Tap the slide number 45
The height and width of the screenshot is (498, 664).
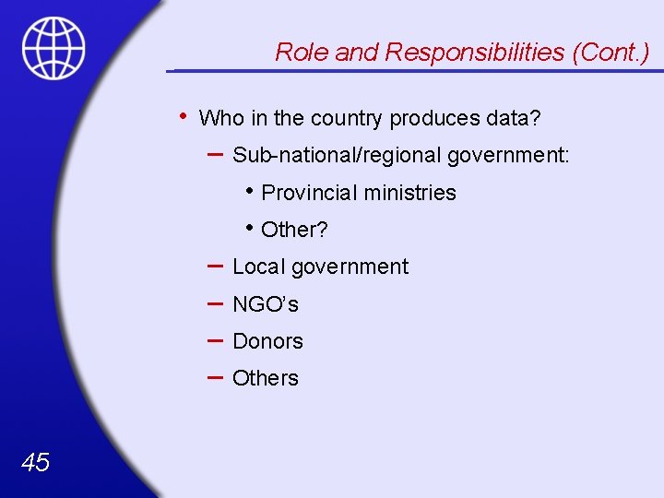(35, 462)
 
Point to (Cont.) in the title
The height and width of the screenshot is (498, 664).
(611, 53)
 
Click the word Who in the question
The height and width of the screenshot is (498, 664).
(220, 119)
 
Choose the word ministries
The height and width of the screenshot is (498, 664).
(409, 193)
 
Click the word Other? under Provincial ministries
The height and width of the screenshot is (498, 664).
(295, 230)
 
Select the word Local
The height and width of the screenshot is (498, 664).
(259, 267)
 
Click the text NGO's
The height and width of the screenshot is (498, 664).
(266, 304)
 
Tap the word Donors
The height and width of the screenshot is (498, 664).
(267, 341)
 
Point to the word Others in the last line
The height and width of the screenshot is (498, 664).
(266, 378)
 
